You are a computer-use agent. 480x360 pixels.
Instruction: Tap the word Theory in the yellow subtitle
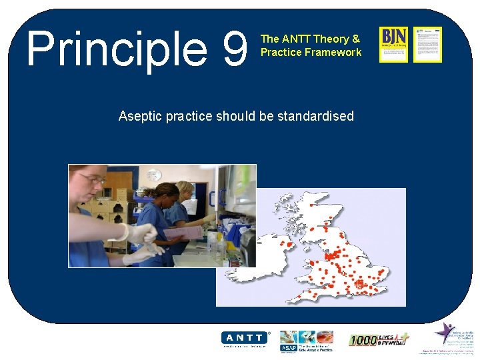pos(331,39)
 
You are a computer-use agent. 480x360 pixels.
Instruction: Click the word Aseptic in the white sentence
pos(140,116)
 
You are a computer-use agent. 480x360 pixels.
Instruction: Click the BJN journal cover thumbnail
pos(393,44)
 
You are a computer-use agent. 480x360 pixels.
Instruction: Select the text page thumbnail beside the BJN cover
pos(427,44)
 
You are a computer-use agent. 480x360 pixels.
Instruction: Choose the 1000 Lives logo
pos(378,340)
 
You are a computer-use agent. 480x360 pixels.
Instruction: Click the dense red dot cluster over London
pos(362,284)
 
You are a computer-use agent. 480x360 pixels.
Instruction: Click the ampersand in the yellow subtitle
pos(356,39)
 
